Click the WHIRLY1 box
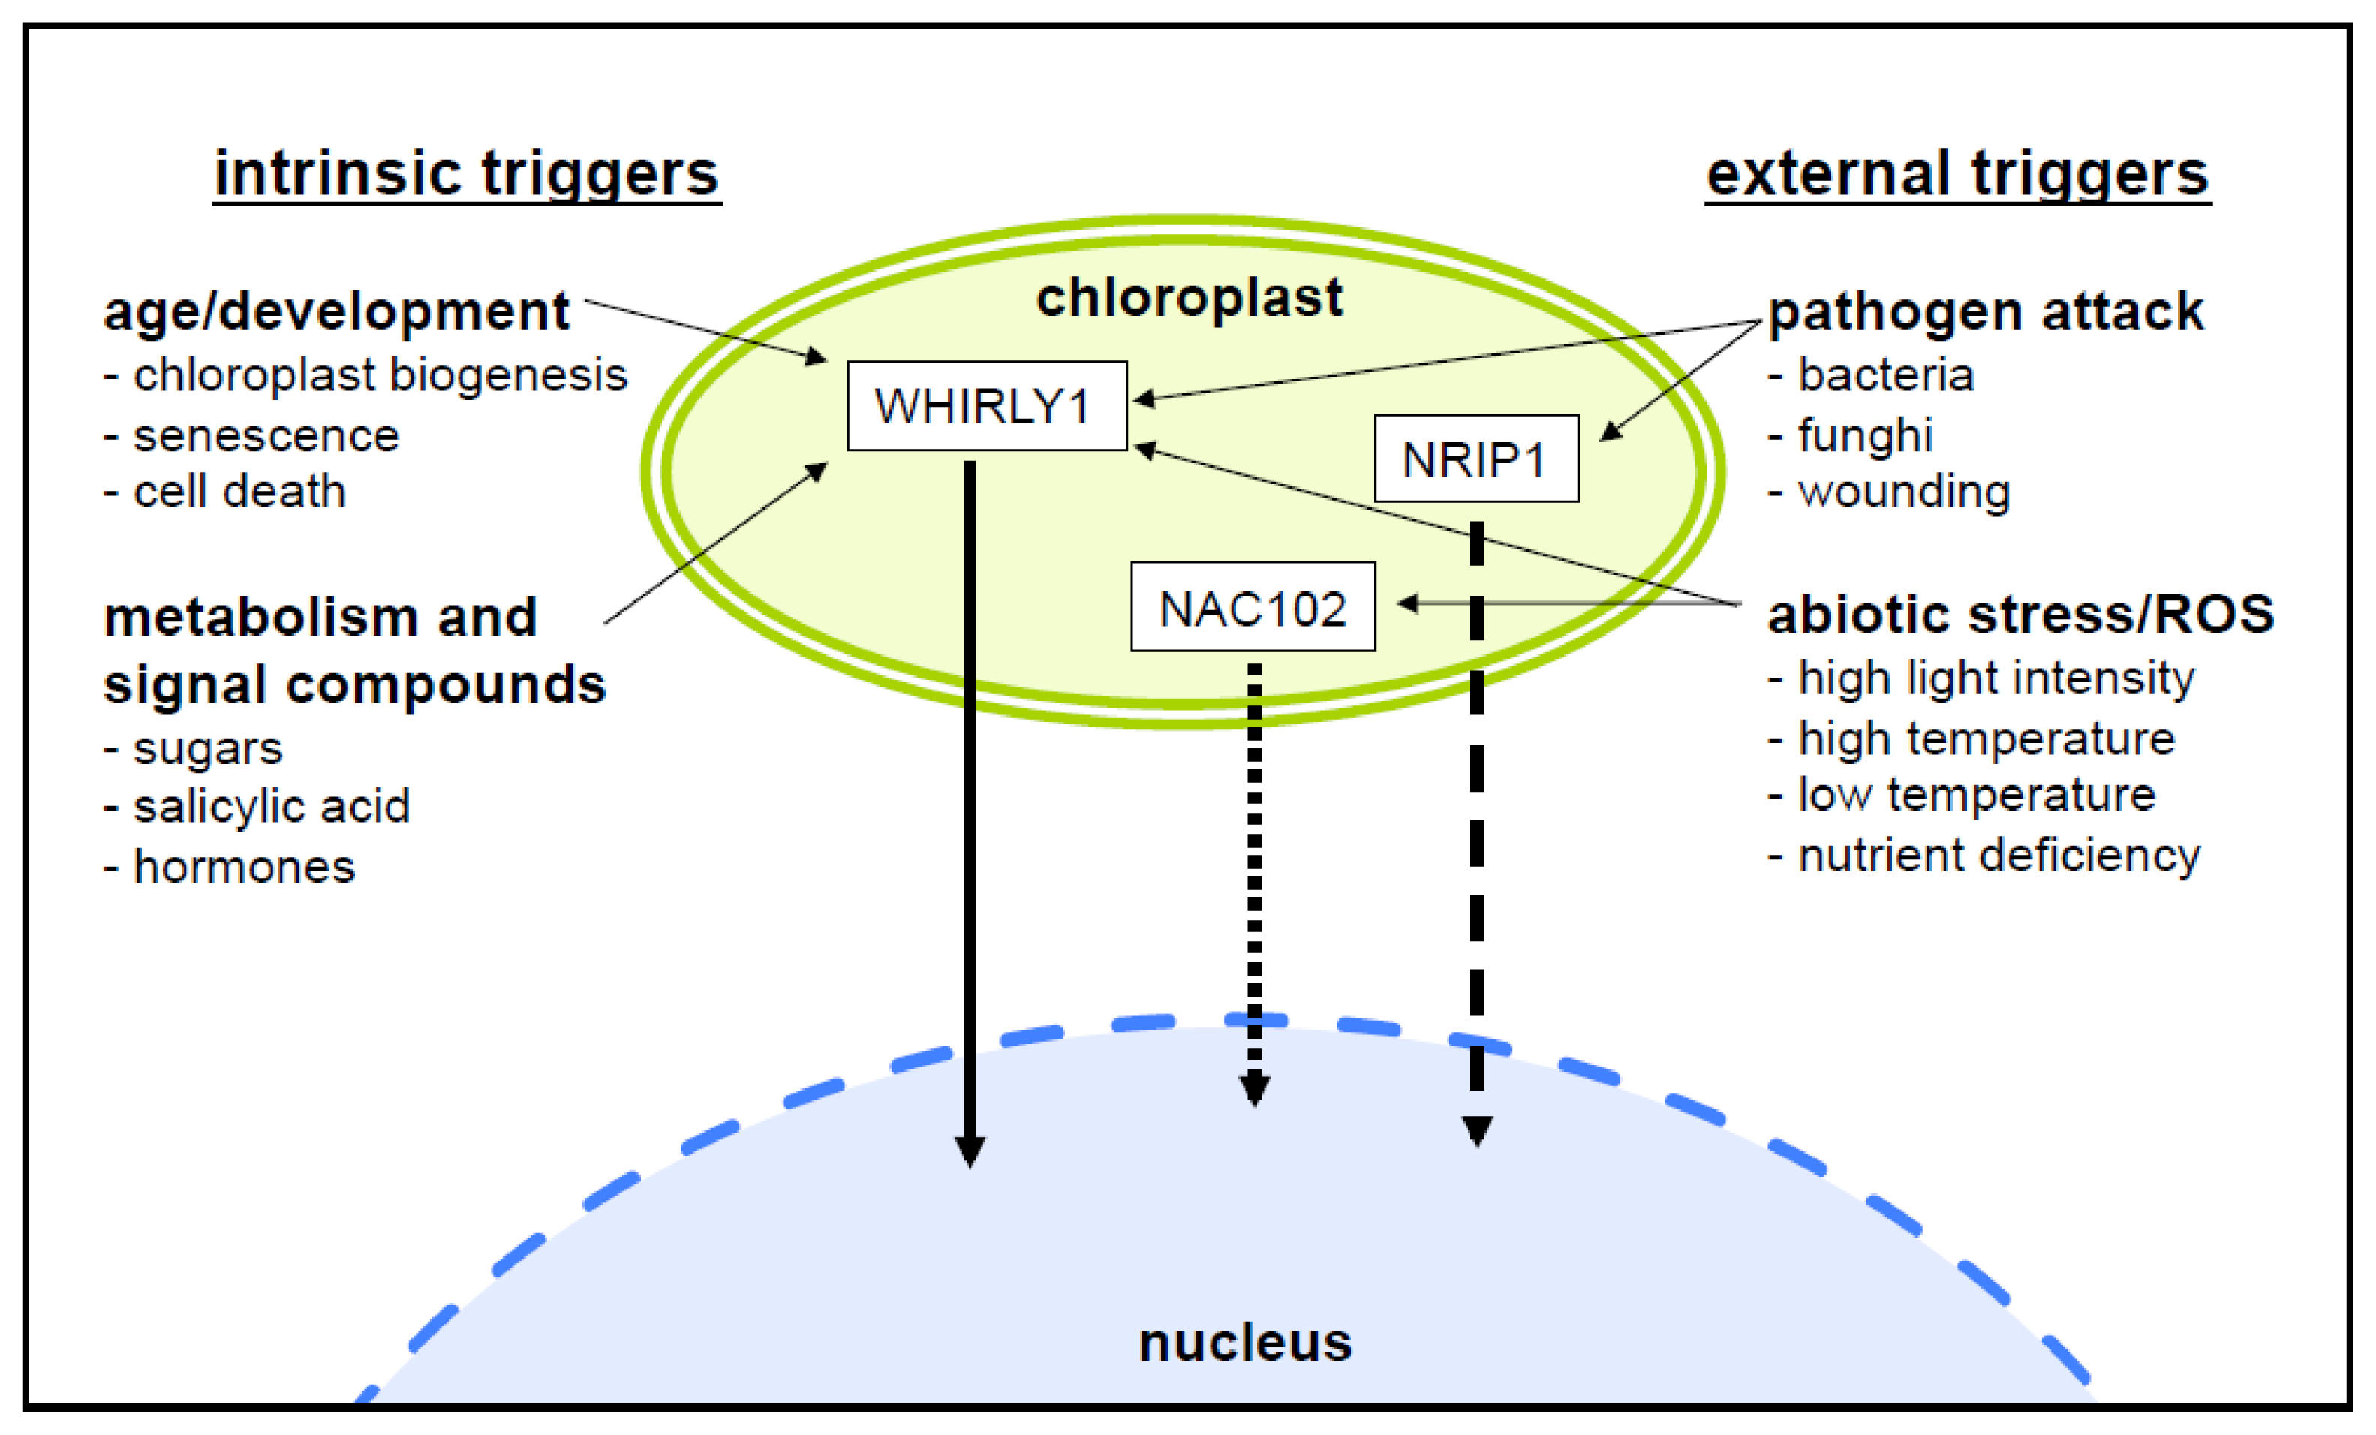tap(986, 406)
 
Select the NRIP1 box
tap(1476, 458)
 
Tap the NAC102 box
tap(1253, 606)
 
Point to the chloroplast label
tap(1189, 297)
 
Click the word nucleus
tap(1245, 1343)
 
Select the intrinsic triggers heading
tap(467, 175)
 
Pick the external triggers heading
tap(1957, 175)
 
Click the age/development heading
tap(336, 312)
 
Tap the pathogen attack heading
tap(1986, 312)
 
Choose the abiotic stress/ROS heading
tap(2020, 615)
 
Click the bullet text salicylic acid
tap(271, 806)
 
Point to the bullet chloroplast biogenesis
tap(380, 375)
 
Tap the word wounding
tap(1905, 492)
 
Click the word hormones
tap(244, 866)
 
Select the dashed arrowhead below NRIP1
tap(1477, 1131)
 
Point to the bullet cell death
tap(239, 492)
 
